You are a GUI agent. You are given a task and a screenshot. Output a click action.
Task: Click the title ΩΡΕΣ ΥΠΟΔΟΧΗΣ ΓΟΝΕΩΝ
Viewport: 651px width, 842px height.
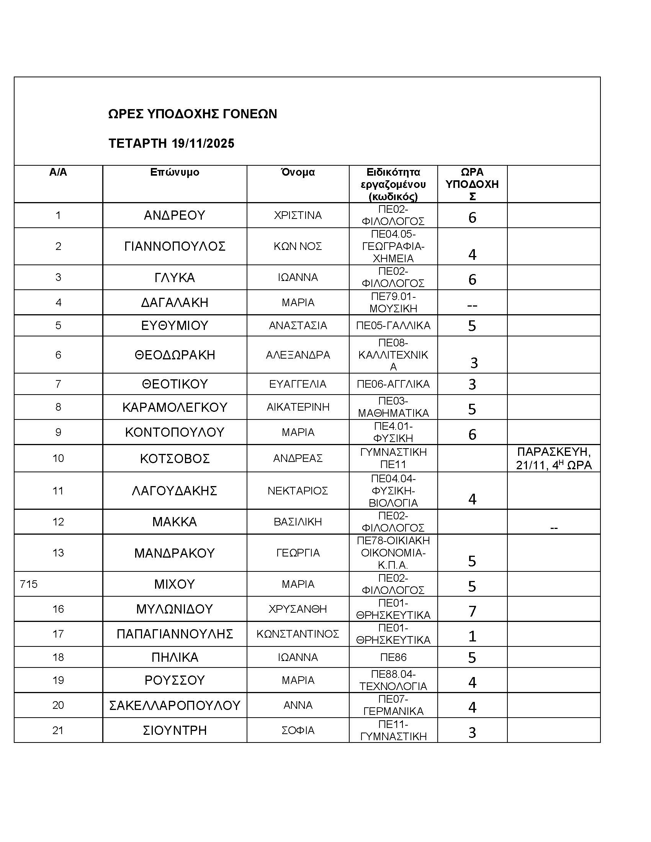point(193,114)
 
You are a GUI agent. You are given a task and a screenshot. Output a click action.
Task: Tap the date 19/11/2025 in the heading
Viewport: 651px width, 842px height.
point(203,144)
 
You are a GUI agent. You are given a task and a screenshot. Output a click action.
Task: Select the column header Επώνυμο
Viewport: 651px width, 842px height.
point(175,172)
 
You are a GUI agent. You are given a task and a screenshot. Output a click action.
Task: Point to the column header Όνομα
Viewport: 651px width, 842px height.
point(298,172)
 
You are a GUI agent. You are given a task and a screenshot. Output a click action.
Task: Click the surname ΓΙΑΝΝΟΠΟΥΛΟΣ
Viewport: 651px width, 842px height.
point(175,246)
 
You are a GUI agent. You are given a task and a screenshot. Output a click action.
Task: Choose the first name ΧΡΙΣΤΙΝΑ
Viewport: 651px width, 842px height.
point(298,215)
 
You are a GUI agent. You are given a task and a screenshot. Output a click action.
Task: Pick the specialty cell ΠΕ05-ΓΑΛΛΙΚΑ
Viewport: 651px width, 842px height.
point(393,326)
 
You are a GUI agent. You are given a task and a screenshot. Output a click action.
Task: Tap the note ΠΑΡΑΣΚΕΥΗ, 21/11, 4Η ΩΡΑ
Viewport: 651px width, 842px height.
point(553,459)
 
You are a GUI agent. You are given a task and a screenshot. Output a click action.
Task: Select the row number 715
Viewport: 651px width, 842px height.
point(29,584)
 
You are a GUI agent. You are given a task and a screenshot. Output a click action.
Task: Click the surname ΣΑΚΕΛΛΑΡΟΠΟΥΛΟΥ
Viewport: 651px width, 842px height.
point(175,705)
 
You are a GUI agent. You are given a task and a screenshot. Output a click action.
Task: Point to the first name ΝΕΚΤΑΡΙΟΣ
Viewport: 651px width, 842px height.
point(298,491)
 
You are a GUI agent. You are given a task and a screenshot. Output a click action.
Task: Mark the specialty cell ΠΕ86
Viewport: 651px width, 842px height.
point(393,657)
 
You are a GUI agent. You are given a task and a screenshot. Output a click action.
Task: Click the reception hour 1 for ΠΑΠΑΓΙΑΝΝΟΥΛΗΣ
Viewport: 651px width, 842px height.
point(472,636)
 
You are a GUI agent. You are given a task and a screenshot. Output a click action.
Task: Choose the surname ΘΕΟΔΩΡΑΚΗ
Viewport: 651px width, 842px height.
point(175,355)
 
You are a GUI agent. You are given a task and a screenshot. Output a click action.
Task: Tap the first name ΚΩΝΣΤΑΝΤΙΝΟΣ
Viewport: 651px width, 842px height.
point(298,634)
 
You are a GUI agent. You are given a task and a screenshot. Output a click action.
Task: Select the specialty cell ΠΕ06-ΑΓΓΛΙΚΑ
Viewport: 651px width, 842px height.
point(393,384)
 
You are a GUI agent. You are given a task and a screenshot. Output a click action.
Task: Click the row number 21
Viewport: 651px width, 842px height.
point(58,731)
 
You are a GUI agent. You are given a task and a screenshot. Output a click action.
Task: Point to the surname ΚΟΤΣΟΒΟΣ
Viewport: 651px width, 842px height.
point(175,459)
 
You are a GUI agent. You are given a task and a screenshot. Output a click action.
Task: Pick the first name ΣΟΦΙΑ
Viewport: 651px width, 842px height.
point(298,731)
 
